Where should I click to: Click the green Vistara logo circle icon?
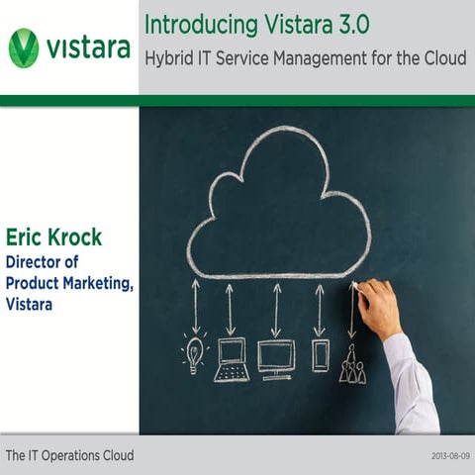click(x=24, y=47)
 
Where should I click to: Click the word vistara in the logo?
click(x=87, y=47)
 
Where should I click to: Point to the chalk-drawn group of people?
click(x=352, y=366)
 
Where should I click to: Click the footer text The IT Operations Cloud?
click(x=69, y=455)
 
